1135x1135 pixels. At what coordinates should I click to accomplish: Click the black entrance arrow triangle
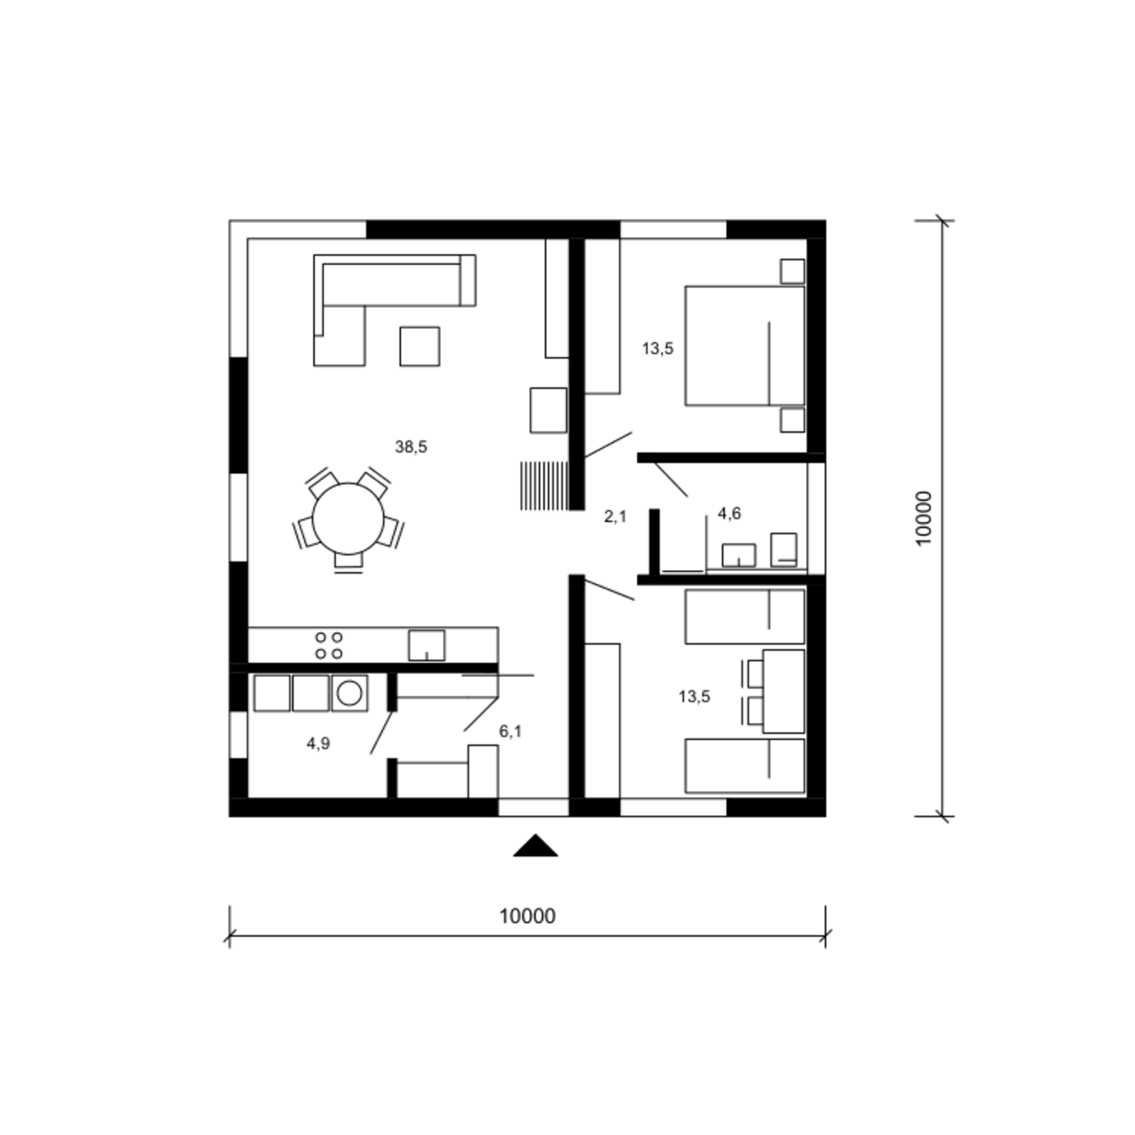click(536, 847)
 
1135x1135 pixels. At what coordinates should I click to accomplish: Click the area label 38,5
click(411, 447)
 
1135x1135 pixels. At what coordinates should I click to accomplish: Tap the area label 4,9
click(319, 744)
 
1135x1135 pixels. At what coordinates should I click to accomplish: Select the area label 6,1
click(510, 732)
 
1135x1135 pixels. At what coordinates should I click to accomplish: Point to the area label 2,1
click(615, 517)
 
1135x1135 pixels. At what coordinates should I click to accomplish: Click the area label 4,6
click(729, 514)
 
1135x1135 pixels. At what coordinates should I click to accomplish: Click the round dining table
click(348, 519)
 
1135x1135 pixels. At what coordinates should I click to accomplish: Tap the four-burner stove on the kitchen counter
click(329, 645)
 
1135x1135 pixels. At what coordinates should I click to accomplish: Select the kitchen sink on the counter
click(427, 645)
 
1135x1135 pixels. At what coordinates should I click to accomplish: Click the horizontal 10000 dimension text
click(527, 916)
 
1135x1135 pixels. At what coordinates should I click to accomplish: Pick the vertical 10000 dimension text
click(924, 518)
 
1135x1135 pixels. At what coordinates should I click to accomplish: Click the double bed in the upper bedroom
click(745, 346)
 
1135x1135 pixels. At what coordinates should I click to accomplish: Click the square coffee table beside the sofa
click(420, 347)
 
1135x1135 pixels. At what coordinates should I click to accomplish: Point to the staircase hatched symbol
click(544, 486)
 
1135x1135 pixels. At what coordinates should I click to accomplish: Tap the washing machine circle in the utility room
click(350, 693)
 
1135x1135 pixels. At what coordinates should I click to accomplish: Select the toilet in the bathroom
click(784, 549)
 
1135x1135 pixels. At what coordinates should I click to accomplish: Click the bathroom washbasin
click(739, 555)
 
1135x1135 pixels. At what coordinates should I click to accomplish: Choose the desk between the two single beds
click(784, 691)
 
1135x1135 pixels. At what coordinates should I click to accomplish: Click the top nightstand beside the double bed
click(792, 271)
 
